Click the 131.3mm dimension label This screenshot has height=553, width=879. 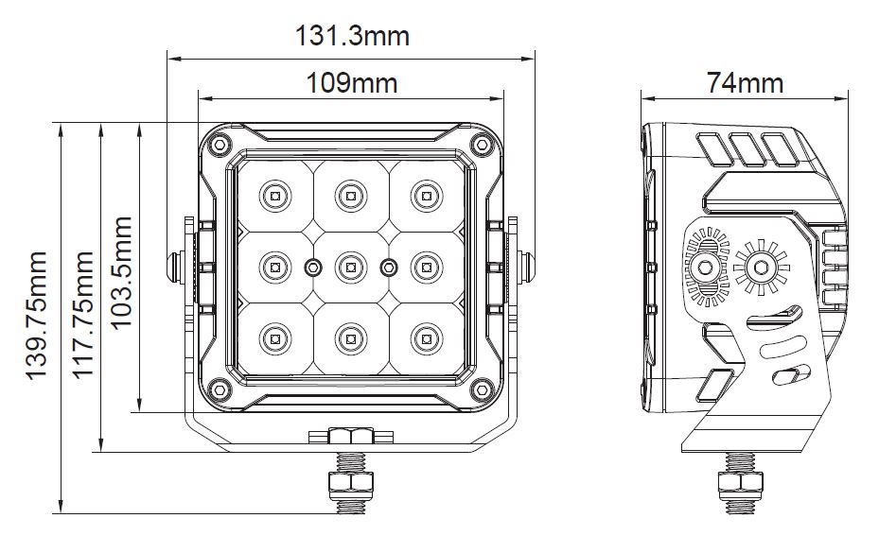pos(352,36)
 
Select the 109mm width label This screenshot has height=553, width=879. pos(352,83)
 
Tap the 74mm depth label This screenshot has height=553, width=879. pos(745,83)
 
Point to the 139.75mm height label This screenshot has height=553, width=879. pos(37,316)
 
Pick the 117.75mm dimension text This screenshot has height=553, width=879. pos(83,316)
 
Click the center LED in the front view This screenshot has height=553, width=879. pos(351,268)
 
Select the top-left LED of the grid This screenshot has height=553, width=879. pos(275,196)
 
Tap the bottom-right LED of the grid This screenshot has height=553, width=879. pos(427,339)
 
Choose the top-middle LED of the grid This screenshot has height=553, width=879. pos(351,196)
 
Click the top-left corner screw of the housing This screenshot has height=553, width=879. pos(220,144)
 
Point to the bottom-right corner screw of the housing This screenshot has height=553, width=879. pos(482,389)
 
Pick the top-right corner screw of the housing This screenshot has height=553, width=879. pos(482,144)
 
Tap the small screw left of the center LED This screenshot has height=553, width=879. pos(313,268)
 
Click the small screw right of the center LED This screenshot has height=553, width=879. pos(388,268)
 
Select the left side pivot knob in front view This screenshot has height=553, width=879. pos(175,268)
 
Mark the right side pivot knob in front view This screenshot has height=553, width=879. pos(526,268)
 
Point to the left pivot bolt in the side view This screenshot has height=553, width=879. pos(705,268)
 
